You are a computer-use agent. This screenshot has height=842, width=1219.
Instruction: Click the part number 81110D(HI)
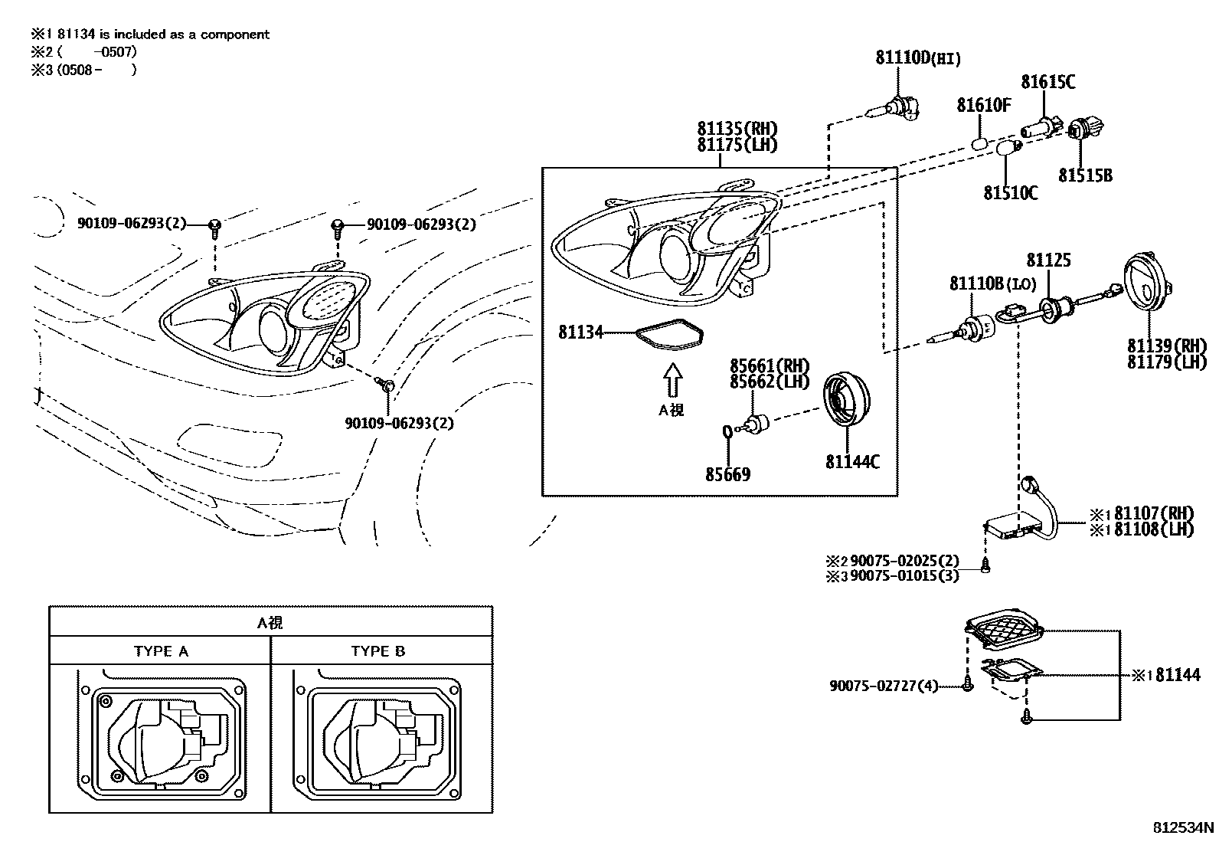(917, 57)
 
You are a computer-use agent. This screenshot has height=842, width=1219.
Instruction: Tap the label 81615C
(1047, 82)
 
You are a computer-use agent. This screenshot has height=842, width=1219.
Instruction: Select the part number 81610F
(984, 104)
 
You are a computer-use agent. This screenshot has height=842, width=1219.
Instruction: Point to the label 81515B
(1085, 175)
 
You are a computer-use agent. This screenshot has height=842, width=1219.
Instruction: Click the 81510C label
(1011, 193)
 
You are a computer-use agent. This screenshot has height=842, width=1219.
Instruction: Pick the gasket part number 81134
(580, 332)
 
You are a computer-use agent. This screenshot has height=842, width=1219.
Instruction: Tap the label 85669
(727, 474)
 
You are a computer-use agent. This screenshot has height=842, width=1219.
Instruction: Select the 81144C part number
(852, 462)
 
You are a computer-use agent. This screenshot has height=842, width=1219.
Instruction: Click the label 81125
(1048, 260)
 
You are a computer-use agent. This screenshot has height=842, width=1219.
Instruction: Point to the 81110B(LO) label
(992, 283)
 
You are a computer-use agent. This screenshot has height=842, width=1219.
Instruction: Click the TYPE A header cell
(160, 650)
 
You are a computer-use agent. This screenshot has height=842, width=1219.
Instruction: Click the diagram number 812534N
(1183, 827)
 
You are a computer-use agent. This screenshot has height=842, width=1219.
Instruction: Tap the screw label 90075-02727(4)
(884, 686)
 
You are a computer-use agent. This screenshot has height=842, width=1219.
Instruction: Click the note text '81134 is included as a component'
(163, 34)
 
